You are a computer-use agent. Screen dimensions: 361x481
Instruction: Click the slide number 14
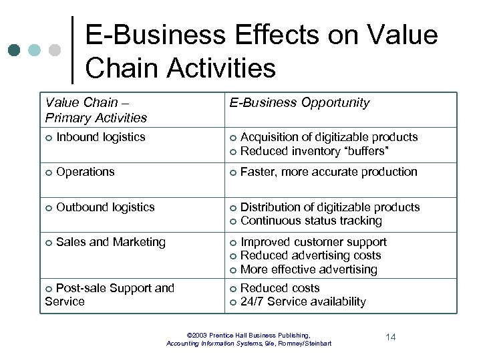[x=391, y=337]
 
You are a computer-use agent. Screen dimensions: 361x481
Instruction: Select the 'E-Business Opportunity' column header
[x=299, y=103]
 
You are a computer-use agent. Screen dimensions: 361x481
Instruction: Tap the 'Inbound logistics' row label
[x=101, y=137]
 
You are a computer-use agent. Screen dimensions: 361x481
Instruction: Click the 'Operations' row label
[x=86, y=172]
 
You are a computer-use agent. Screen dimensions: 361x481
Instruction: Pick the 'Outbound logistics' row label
[x=106, y=207]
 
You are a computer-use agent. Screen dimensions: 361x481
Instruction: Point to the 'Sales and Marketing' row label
[x=111, y=242]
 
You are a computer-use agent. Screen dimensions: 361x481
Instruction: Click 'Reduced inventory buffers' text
[x=315, y=151]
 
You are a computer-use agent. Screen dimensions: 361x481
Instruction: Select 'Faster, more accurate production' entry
[x=328, y=172]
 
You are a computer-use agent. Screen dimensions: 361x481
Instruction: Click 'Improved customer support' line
[x=313, y=242]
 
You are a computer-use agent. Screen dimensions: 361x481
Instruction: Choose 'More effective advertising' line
[x=309, y=269]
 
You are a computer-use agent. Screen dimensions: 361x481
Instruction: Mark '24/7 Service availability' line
[x=303, y=302]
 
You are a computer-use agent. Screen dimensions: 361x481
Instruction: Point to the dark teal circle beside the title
[x=15, y=50]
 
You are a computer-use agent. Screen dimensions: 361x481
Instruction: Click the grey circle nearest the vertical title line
[x=55, y=50]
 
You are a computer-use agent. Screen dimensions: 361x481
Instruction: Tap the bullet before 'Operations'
[x=49, y=172]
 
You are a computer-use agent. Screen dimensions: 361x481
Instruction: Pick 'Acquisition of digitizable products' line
[x=329, y=137]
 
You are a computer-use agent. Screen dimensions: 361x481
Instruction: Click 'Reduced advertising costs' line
[x=311, y=255]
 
